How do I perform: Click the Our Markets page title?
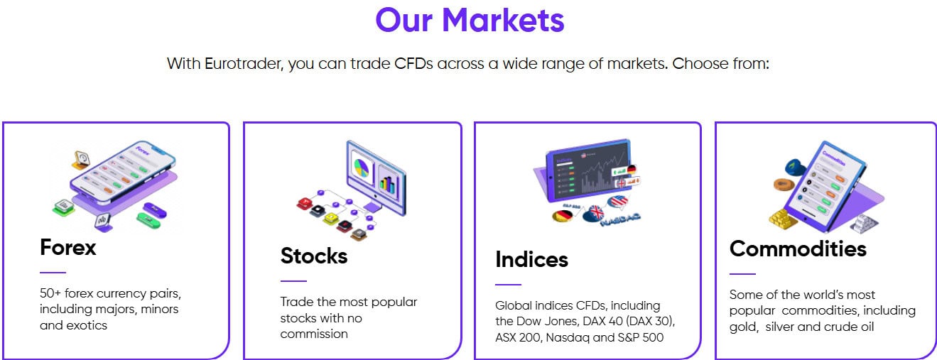coord(470,20)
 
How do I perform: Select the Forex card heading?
coord(68,247)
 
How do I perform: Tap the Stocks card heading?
coord(314,256)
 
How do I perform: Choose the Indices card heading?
coord(531,259)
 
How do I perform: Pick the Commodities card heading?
coord(798,249)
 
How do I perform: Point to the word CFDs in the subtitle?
coord(413,63)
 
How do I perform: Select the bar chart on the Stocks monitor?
coord(389,182)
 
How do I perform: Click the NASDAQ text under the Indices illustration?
coord(619,221)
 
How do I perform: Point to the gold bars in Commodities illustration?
coord(784,219)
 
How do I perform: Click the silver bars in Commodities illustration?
coord(864,223)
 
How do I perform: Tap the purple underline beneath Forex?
coord(53,272)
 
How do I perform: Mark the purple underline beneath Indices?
coord(508,284)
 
